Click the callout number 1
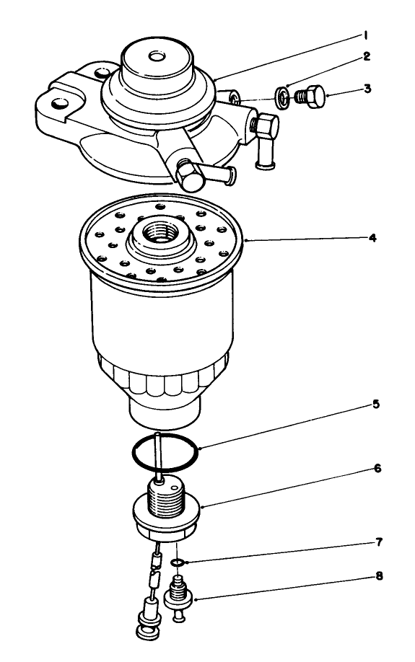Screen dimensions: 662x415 point(367,35)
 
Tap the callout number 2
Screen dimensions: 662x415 point(367,56)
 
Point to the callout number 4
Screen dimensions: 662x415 point(372,237)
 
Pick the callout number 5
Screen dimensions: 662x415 point(375,405)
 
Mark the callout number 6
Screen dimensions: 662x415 point(378,469)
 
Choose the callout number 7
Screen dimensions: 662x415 point(378,541)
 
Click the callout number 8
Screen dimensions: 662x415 point(378,576)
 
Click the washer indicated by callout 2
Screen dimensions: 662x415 point(284,96)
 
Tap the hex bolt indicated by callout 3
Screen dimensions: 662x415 point(312,96)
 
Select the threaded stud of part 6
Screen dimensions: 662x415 point(165,497)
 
